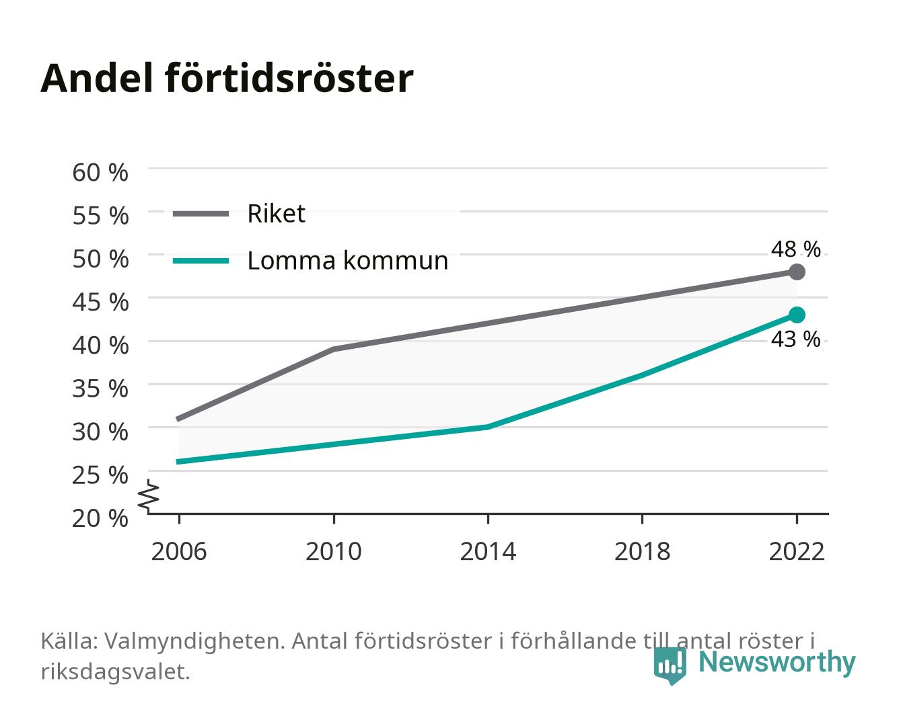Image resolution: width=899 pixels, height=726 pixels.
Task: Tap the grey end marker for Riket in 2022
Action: pos(797,272)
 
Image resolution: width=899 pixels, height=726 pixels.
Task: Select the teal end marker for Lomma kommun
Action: pos(797,315)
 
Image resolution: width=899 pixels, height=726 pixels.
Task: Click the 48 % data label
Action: pos(795,249)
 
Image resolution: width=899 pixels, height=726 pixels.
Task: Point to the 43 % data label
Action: pos(795,339)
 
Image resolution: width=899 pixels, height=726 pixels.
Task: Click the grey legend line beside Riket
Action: pos(201,214)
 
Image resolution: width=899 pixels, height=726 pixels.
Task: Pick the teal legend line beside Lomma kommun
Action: pos(201,261)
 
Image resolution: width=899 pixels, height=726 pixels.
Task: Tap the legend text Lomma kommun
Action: pos(347,260)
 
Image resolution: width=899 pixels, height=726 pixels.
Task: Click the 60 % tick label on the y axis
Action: pos(100,173)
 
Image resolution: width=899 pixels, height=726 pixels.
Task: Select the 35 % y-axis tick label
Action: pos(100,389)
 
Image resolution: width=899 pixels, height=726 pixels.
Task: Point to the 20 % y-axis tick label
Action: pos(100,518)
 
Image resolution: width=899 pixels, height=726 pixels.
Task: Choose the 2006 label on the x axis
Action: pos(179,551)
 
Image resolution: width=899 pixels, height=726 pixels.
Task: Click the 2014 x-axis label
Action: pos(488,551)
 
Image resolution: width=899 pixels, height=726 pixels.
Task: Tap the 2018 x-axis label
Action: pos(642,551)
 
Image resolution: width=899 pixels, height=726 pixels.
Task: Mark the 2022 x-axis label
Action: pos(797,551)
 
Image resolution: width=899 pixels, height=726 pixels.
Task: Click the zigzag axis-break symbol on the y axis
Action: pos(149,496)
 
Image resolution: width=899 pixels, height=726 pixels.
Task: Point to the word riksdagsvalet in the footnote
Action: pos(115,672)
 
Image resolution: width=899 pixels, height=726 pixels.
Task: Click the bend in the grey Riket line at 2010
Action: pos(334,349)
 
